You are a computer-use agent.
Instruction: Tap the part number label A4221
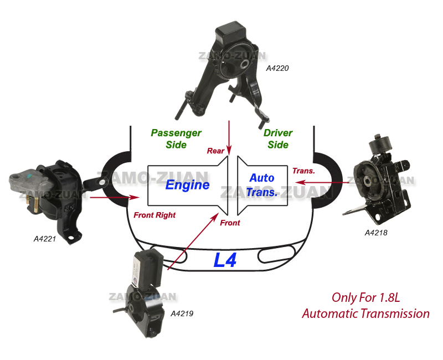pyautogui.click(x=45, y=239)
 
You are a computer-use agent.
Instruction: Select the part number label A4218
pyautogui.click(x=376, y=233)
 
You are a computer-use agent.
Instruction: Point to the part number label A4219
pyautogui.click(x=182, y=313)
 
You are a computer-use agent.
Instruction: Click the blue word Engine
pyautogui.click(x=187, y=185)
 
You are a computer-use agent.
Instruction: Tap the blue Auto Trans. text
pyautogui.click(x=262, y=185)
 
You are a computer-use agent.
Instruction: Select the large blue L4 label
pyautogui.click(x=226, y=260)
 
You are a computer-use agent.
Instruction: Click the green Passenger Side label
pyautogui.click(x=176, y=139)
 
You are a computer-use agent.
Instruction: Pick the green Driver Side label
pyautogui.click(x=278, y=139)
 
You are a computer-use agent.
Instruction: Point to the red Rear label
pyautogui.click(x=215, y=151)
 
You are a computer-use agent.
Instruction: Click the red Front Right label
pyautogui.click(x=154, y=215)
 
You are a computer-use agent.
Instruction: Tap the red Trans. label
pyautogui.click(x=303, y=171)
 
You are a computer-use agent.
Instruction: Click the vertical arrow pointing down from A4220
pyautogui.click(x=229, y=136)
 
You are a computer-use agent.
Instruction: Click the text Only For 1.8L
pyautogui.click(x=365, y=297)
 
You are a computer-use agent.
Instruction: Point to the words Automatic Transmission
pyautogui.click(x=365, y=313)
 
